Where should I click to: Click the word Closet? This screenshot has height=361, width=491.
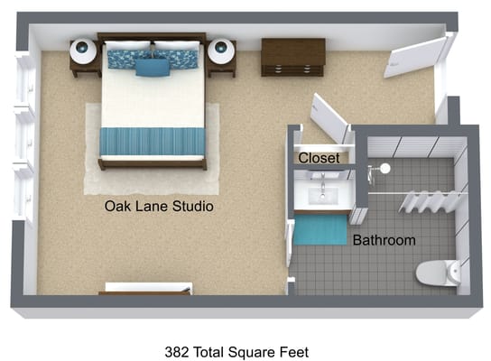(x=319, y=158)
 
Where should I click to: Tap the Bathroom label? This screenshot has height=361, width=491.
(x=384, y=240)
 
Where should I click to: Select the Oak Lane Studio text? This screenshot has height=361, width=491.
(x=159, y=207)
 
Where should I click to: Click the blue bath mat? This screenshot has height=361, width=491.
(x=323, y=228)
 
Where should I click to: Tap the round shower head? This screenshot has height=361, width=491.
(x=385, y=168)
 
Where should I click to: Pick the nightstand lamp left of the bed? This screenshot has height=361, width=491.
(x=83, y=51)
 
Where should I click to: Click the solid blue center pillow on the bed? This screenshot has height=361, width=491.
(x=153, y=66)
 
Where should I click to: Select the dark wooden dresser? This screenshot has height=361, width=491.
(x=293, y=57)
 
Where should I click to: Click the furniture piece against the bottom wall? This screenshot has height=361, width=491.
(x=147, y=288)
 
